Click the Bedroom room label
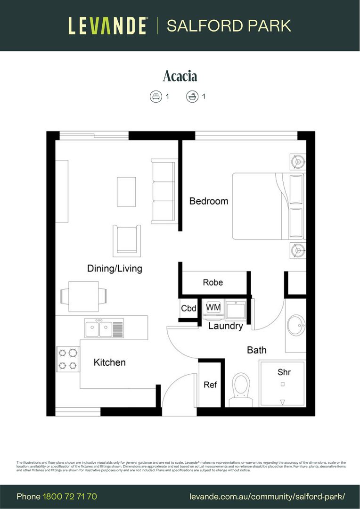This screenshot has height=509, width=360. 208,201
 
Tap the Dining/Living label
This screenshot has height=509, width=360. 115,269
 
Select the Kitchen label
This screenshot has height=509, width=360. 109,362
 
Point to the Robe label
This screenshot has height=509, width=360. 213,282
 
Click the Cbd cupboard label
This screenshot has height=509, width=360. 188,309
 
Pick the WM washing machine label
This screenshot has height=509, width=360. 213,307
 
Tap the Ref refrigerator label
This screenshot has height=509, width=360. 210,385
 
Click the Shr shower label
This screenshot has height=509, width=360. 284,372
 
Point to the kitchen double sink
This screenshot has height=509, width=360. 104,327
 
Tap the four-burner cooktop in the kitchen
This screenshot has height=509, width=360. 67,359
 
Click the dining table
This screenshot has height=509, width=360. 83,296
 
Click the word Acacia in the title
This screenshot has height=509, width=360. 180,76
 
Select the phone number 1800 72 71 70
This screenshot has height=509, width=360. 70,496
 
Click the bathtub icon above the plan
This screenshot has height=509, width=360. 192,97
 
